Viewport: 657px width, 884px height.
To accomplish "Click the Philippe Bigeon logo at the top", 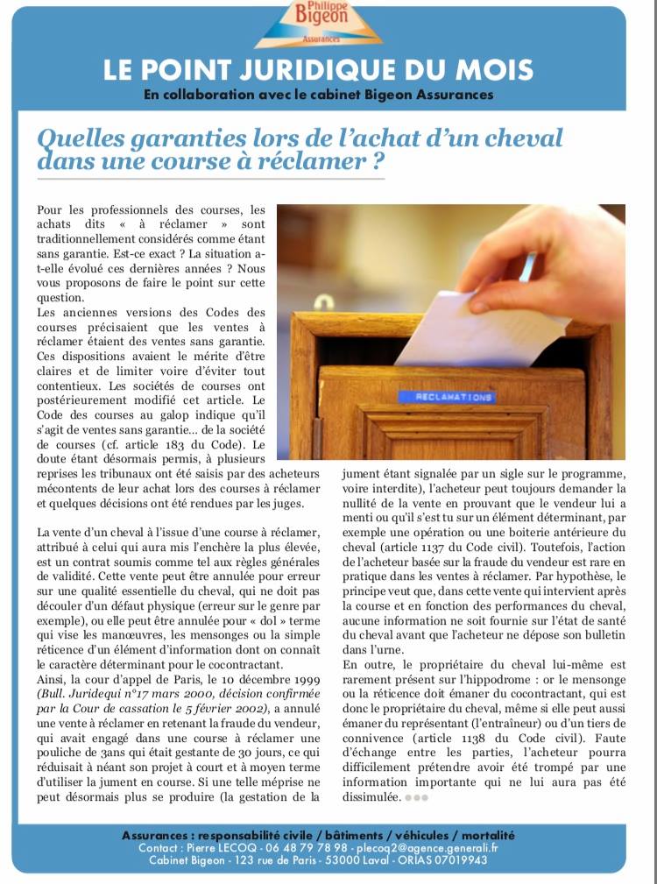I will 319,23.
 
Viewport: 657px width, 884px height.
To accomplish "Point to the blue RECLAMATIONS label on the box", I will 446,397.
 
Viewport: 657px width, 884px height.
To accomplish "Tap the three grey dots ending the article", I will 416,797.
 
